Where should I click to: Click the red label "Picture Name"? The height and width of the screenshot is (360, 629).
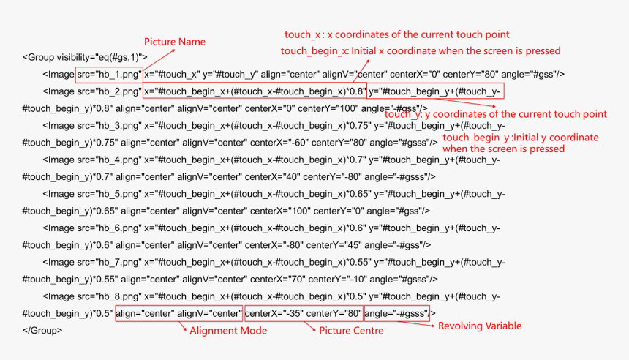click(x=175, y=42)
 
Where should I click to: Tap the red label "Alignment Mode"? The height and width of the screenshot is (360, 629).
click(x=228, y=331)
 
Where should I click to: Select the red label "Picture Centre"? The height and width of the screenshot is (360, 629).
click(x=351, y=331)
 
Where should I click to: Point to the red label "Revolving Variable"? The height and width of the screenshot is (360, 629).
click(x=480, y=326)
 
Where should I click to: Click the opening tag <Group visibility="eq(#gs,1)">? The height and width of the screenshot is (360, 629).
click(x=85, y=57)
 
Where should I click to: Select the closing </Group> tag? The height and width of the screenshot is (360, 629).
click(x=42, y=330)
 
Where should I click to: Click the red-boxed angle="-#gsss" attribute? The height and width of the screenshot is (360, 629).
click(x=396, y=313)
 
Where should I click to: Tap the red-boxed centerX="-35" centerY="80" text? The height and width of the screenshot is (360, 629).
click(x=304, y=313)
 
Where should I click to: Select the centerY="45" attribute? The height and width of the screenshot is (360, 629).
click(x=334, y=245)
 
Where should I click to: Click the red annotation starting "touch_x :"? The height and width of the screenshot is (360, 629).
click(x=397, y=34)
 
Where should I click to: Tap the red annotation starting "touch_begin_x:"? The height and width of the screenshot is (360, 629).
click(x=421, y=51)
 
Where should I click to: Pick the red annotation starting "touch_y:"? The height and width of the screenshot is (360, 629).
click(x=496, y=114)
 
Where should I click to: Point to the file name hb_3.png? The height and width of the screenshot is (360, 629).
click(x=118, y=126)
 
